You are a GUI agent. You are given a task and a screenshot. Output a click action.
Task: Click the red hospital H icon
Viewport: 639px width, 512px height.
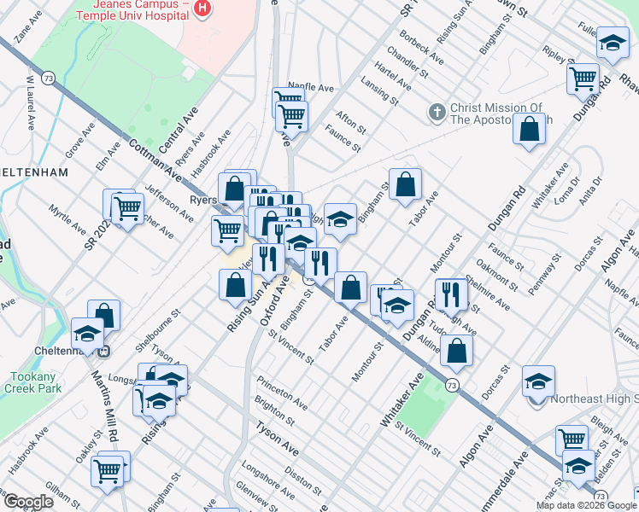(x=202, y=9)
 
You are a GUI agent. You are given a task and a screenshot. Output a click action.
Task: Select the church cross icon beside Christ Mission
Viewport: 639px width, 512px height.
(x=436, y=112)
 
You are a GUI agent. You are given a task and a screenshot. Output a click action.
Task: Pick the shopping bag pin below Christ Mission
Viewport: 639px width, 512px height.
(x=530, y=131)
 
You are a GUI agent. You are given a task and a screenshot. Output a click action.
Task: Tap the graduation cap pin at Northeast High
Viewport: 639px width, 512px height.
(x=538, y=383)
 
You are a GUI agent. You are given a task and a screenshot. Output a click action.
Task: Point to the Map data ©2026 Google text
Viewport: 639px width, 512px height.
(x=586, y=505)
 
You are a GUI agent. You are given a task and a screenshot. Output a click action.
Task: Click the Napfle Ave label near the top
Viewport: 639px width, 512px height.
(x=310, y=87)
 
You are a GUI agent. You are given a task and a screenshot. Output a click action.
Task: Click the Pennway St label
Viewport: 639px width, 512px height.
(x=543, y=272)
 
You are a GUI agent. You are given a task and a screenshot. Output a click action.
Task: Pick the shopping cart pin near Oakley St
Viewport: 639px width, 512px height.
(x=108, y=468)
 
